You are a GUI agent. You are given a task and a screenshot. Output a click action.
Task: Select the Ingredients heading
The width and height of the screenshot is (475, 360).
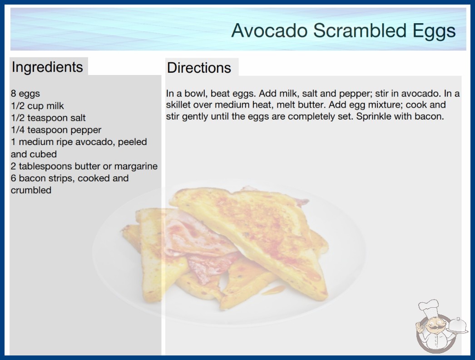coord(47,67)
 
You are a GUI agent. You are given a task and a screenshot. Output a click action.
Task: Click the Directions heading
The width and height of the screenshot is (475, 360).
coord(199,68)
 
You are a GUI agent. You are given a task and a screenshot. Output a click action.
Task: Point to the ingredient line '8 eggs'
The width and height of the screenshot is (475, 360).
coord(25,94)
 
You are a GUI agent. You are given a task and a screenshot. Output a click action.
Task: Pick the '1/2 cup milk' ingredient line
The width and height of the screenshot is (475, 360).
coord(37,106)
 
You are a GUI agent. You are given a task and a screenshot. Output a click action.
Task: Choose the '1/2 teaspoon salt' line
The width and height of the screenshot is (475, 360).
coord(48,118)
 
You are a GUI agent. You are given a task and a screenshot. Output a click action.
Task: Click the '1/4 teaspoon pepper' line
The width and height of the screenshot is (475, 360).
coord(56,130)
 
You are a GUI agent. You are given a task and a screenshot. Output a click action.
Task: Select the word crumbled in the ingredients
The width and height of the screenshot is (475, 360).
coord(31,190)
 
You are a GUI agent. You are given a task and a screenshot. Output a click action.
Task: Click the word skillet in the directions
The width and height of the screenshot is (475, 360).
coord(178,105)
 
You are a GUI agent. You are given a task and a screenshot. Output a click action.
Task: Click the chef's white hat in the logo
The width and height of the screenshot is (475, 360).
coord(428,307)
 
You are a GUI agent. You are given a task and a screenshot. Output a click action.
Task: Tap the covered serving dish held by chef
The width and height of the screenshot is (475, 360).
coord(458,326)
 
